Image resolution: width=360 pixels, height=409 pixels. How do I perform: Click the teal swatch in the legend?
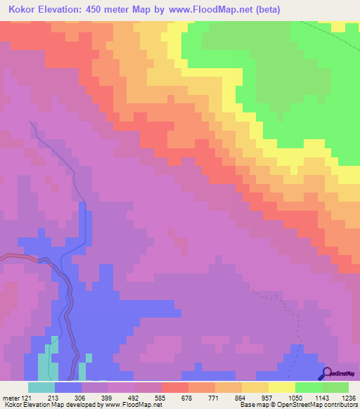[x=41, y=387]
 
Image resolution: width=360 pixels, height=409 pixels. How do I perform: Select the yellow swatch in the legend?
[x=282, y=387]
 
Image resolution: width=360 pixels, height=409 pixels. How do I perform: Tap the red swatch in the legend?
[x=175, y=387]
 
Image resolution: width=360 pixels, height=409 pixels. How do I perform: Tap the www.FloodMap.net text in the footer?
[x=133, y=405]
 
